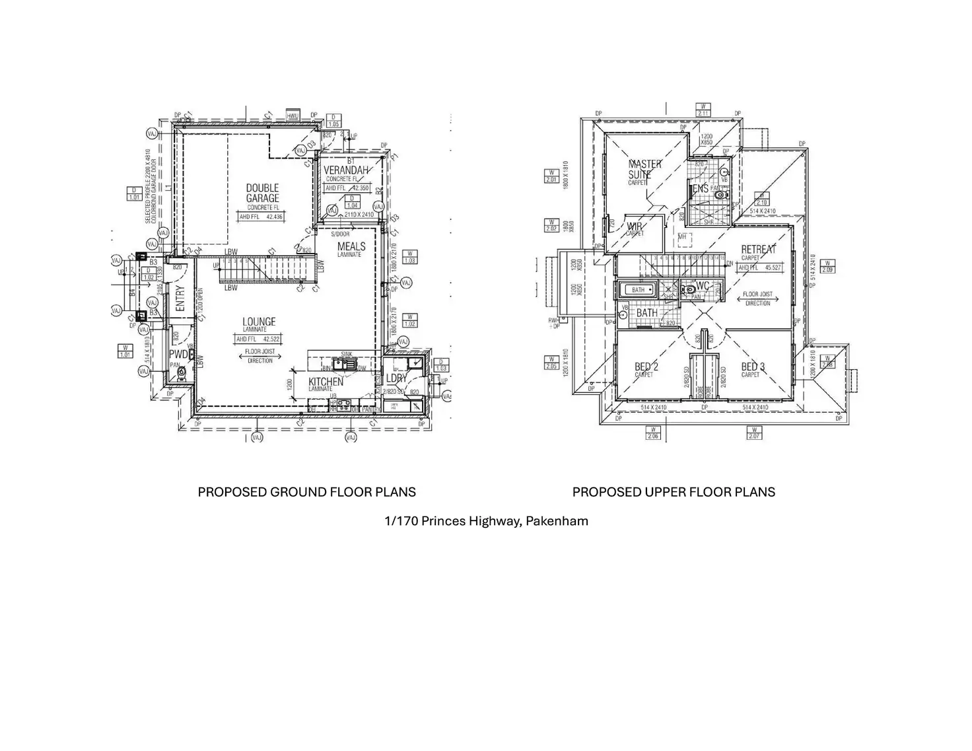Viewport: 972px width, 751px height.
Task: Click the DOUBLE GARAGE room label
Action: [x=262, y=193]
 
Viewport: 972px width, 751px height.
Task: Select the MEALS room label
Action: [x=351, y=247]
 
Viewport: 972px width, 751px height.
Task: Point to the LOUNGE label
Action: [x=259, y=322]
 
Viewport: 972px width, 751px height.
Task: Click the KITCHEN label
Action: [x=326, y=382]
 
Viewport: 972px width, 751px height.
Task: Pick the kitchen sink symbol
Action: [x=344, y=363]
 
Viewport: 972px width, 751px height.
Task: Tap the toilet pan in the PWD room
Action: [x=182, y=373]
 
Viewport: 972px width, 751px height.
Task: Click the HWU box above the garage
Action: [x=293, y=116]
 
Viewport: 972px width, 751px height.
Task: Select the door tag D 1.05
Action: [x=333, y=121]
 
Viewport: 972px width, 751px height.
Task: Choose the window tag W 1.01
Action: [x=125, y=351]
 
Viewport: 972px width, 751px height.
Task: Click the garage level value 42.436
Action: [x=274, y=217]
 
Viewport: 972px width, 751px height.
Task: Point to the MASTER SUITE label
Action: [x=643, y=169]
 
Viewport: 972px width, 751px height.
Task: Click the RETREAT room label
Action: [x=759, y=249]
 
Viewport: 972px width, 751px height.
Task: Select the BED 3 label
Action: [x=753, y=367]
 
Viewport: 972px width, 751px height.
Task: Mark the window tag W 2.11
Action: [x=704, y=110]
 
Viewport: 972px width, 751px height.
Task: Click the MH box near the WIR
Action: [x=682, y=236]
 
